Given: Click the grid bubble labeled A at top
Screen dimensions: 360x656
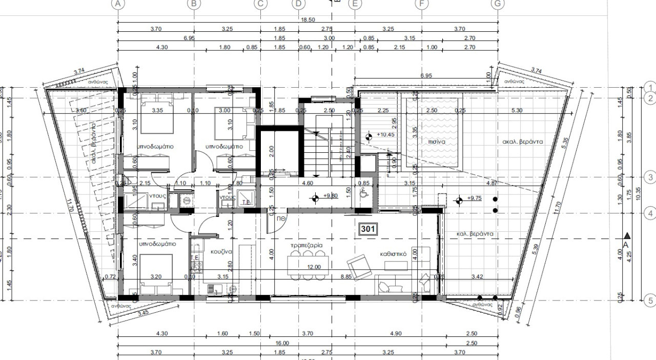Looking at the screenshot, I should [x=118, y=4].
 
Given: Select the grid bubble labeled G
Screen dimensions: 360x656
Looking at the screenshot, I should [x=497, y=4].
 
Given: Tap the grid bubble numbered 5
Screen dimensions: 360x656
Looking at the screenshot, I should [x=650, y=301].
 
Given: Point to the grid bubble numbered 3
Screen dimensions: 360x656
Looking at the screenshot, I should [x=650, y=178].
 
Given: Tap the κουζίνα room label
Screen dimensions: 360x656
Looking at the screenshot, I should [x=221, y=252].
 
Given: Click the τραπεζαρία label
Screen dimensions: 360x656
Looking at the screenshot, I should [x=306, y=246].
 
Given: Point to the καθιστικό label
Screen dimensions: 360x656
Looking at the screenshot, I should [x=394, y=253].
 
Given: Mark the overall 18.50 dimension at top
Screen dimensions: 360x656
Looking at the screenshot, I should [x=307, y=19].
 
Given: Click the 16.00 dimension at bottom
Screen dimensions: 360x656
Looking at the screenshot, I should [x=282, y=343].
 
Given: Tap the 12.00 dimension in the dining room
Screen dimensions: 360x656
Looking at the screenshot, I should [x=314, y=267].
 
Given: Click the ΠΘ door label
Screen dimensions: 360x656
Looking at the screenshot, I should [x=281, y=218].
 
